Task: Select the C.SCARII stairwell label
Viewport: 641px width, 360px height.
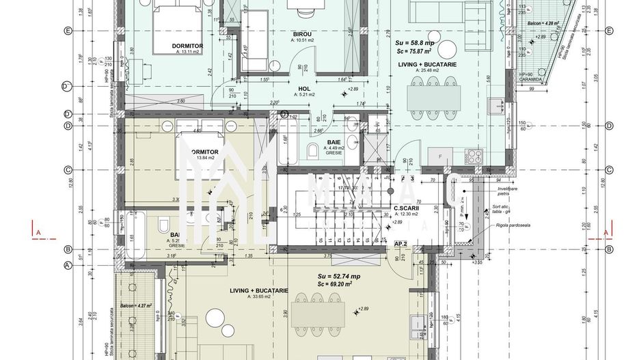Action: pos(407,209)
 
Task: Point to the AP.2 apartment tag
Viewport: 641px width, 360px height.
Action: pos(400,243)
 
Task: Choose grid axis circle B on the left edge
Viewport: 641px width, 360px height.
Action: pos(68,249)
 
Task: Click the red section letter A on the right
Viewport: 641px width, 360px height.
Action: pos(606,233)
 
